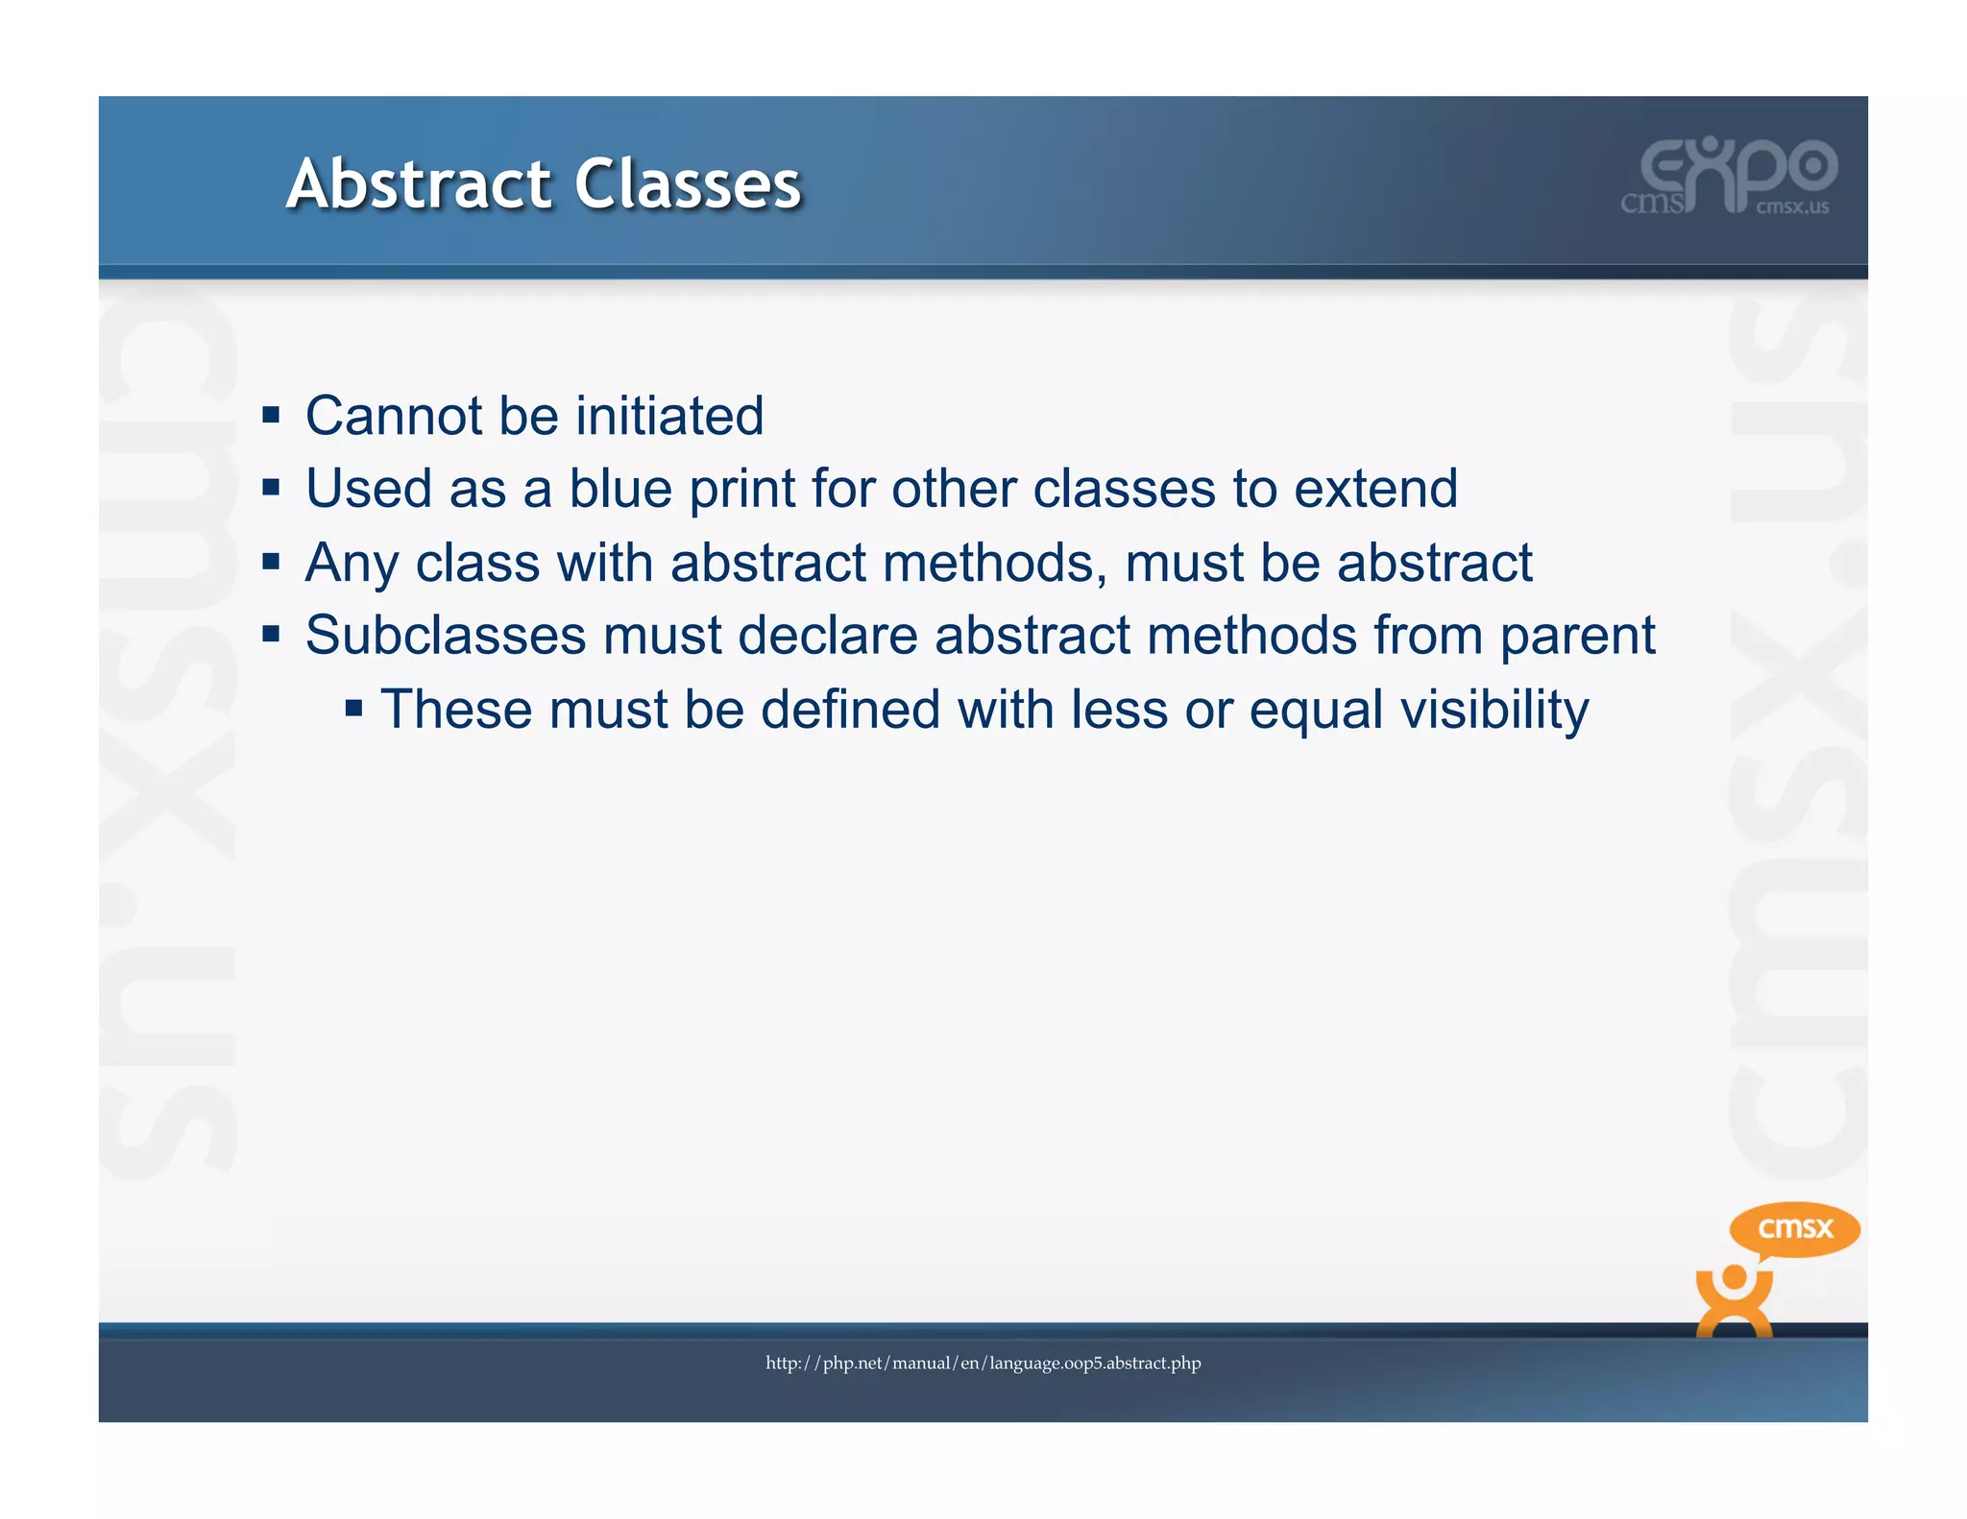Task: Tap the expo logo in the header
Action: point(1730,177)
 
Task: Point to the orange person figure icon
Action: point(1734,1301)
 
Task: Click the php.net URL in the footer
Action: point(983,1362)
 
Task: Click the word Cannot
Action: point(394,416)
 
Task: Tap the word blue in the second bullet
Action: point(619,489)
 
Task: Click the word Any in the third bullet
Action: point(352,563)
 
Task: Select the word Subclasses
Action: point(446,636)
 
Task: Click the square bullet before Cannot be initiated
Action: point(271,416)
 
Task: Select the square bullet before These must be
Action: point(353,710)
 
